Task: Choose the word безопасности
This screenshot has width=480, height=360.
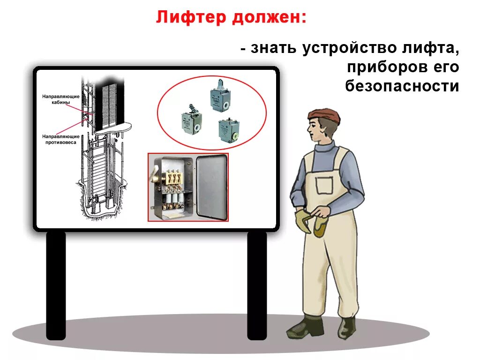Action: coord(402,86)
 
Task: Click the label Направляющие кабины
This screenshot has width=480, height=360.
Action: coord(61,99)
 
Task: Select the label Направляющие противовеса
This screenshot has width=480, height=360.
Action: coord(61,139)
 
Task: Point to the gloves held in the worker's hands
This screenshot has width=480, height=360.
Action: coord(312,221)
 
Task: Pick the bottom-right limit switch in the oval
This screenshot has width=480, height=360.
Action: coord(228,130)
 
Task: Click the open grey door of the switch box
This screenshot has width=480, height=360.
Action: coord(211,187)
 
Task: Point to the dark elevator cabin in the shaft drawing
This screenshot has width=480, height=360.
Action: coord(111,106)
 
